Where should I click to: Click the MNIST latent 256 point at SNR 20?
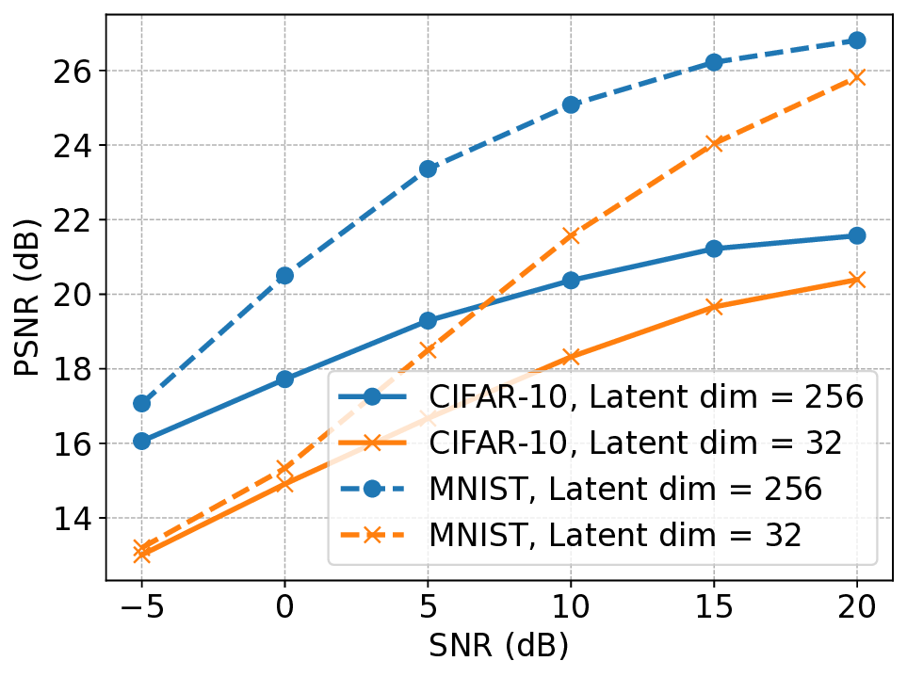[856, 40]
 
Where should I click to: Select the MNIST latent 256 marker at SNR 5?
[428, 169]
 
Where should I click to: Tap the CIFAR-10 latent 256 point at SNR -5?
[142, 441]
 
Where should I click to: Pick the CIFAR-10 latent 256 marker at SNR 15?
[714, 249]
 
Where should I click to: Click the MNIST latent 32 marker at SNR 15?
[714, 144]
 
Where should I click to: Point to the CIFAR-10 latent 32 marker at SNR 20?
[856, 280]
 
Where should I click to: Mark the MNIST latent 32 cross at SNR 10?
[571, 235]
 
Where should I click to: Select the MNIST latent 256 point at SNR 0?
[284, 275]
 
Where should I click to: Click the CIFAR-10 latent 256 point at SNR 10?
[571, 280]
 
